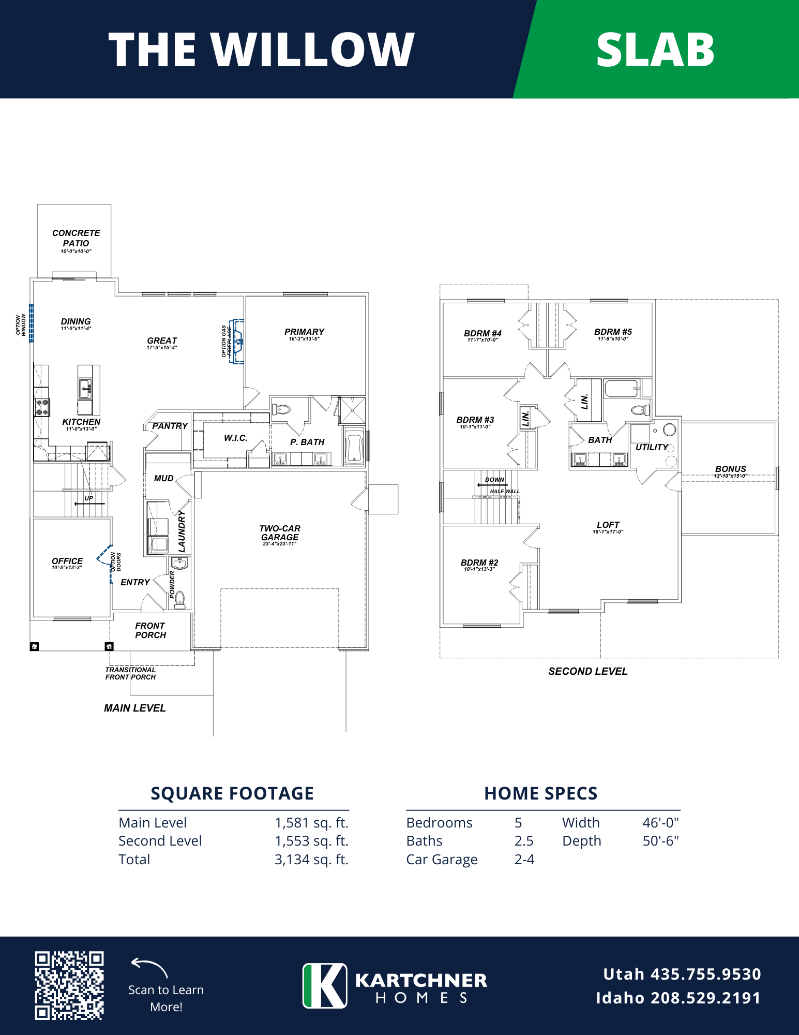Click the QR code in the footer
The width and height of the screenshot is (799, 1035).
(69, 985)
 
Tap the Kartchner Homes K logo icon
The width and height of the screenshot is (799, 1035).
(325, 985)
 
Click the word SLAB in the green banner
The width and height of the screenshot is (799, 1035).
(655, 50)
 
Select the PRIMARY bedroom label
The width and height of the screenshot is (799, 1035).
(304, 332)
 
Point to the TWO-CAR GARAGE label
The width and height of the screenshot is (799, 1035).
(280, 533)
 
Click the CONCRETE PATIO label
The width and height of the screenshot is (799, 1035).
(76, 238)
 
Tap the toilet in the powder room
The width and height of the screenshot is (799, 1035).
(179, 599)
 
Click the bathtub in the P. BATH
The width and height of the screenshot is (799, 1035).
(354, 447)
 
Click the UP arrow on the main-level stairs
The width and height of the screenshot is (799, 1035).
(89, 504)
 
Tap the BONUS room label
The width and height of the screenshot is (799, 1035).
(730, 469)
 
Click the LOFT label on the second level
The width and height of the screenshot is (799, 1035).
(608, 525)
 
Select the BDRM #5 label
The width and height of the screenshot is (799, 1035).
(613, 332)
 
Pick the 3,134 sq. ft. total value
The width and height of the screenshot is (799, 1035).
(311, 860)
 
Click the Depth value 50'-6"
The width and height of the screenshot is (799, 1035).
(660, 841)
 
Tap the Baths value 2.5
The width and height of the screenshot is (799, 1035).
(524, 841)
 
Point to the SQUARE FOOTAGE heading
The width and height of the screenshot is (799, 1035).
(232, 793)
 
